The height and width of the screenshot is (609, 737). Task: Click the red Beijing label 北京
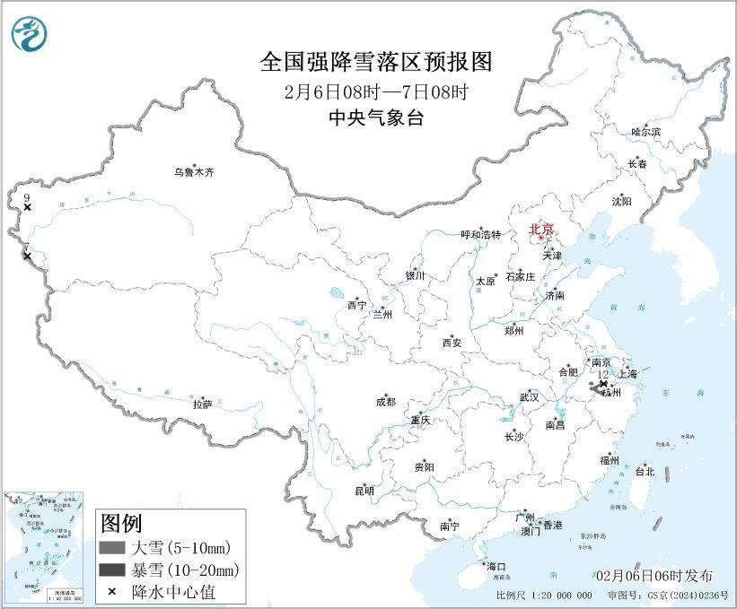pos(543,230)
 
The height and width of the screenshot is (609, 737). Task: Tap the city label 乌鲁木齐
pos(195,171)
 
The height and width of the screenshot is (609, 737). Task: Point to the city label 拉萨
pos(202,405)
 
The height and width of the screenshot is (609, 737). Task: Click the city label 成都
pos(386,403)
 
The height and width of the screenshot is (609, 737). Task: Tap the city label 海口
pos(496,566)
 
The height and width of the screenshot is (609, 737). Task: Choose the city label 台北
pos(645,471)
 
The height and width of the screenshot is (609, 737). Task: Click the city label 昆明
pos(364,491)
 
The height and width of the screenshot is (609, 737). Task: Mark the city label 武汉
pos(529,396)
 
